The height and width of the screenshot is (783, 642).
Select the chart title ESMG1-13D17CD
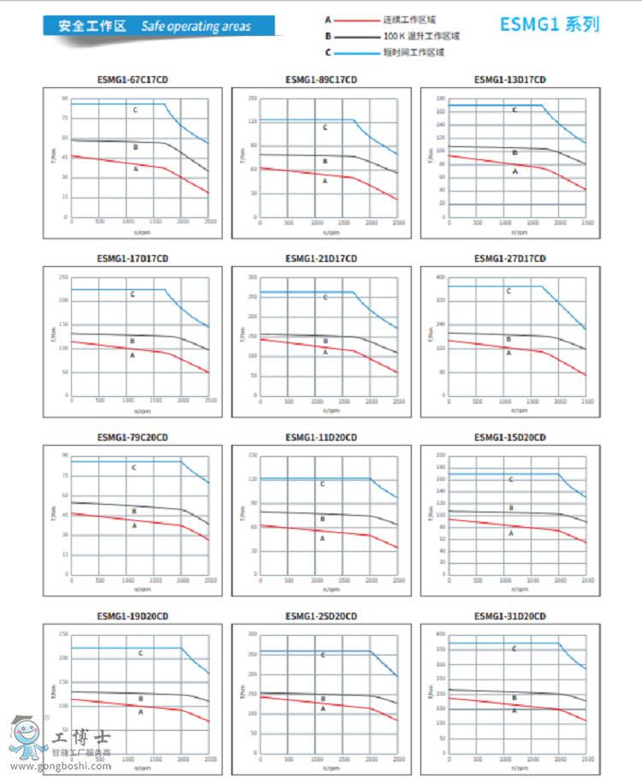click(509, 80)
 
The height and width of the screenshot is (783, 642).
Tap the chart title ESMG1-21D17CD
click(321, 259)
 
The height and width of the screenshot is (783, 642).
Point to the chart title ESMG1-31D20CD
click(509, 616)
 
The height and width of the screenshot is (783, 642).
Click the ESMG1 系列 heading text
click(550, 26)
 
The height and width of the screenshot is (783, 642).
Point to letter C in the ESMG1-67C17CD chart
click(135, 110)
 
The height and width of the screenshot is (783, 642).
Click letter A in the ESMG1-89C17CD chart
click(324, 181)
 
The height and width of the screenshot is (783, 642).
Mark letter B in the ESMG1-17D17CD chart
click(132, 341)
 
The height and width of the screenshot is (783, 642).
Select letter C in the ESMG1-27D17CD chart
click(508, 292)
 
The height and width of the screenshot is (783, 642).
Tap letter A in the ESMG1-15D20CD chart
click(511, 533)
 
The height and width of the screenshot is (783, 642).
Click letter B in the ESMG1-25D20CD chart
click(324, 697)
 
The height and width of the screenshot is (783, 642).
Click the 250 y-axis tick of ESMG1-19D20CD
click(63, 634)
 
